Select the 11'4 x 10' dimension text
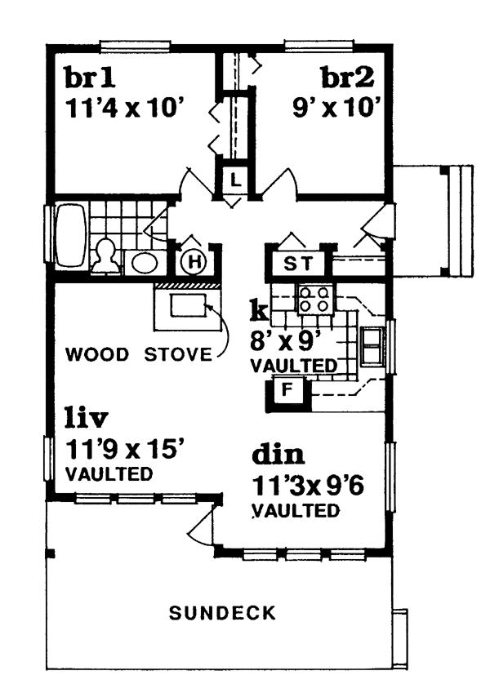125,108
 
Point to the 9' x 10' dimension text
336,108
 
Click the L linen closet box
236,180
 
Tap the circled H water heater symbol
194,262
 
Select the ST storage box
297,264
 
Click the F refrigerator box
288,390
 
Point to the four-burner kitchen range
315,300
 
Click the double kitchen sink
372,346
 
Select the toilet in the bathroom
105,256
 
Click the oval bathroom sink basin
145,263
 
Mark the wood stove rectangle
189,305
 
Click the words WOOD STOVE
138,354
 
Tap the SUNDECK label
222,613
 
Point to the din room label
278,454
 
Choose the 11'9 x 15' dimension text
125,450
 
